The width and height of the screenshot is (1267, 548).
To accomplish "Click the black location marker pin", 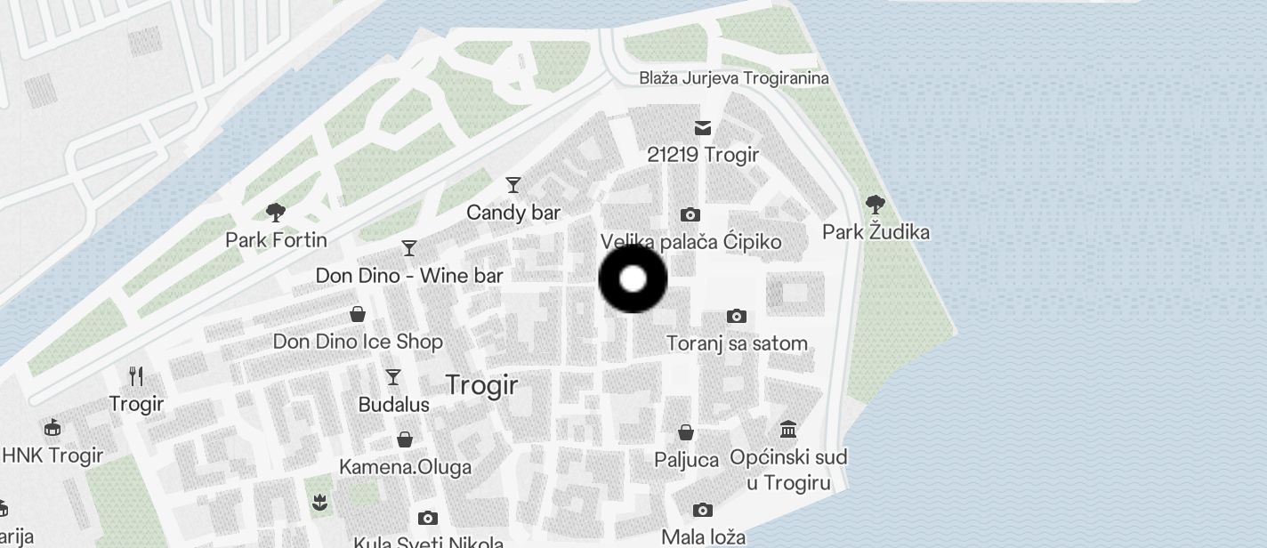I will click(633, 279).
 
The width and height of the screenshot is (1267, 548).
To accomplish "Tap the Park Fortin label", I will click(276, 240).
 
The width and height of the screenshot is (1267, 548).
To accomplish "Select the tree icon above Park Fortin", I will click(276, 213).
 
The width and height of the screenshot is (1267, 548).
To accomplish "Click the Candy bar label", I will click(513, 213).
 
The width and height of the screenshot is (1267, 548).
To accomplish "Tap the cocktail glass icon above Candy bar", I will click(513, 185).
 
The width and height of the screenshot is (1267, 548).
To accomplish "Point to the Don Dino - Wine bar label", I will click(409, 276).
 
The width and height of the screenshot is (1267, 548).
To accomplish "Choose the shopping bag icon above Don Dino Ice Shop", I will click(358, 314).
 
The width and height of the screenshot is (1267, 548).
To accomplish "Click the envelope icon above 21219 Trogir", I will click(704, 128).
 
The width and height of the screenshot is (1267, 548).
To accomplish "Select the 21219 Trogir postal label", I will click(703, 155).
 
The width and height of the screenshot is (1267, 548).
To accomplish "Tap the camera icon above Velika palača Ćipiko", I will click(690, 215).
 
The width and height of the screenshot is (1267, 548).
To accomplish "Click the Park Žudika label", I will click(876, 233).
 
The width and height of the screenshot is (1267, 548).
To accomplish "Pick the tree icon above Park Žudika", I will click(876, 205).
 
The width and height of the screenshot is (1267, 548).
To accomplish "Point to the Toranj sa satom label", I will click(737, 343).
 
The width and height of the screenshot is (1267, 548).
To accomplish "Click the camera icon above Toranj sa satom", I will click(737, 316).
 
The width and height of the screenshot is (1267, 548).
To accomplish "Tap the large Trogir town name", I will click(481, 385).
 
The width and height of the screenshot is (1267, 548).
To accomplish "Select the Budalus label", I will click(393, 405).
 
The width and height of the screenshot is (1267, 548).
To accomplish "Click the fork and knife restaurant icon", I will click(136, 376).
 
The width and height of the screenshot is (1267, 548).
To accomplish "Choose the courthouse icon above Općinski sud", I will click(788, 431).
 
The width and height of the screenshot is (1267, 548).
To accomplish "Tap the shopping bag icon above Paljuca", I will click(686, 432).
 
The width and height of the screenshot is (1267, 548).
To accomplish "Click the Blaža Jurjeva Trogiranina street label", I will click(734, 78).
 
